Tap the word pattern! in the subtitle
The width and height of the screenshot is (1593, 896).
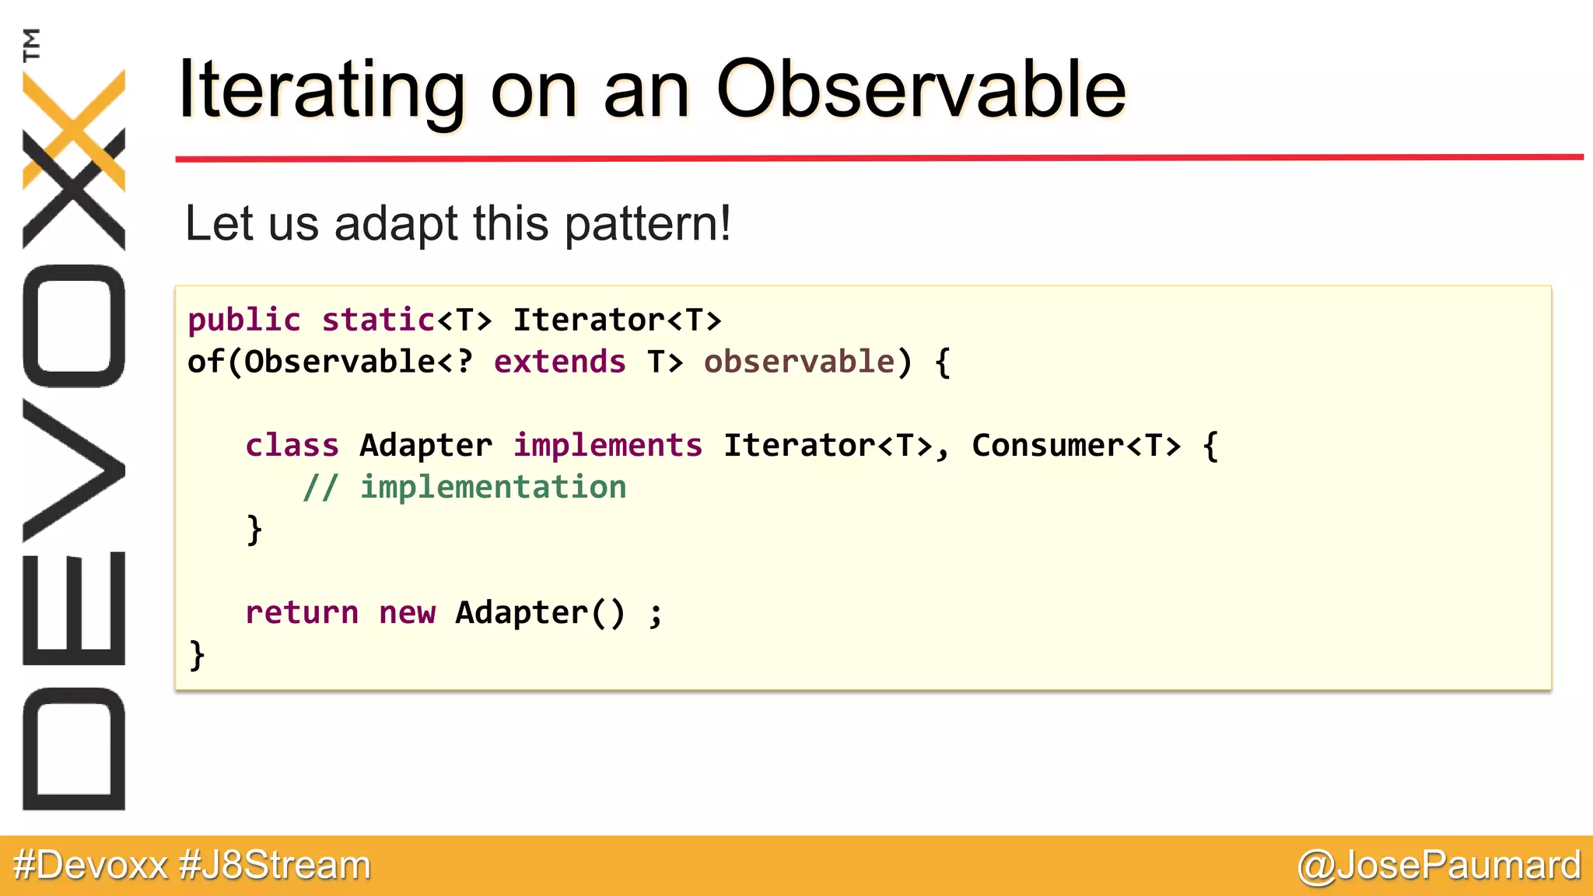[647, 224]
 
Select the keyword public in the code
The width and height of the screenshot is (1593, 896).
[243, 320]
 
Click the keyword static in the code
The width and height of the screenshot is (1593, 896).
[378, 320]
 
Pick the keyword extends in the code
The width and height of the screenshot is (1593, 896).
[559, 362]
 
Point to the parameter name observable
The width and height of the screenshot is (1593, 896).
[799, 362]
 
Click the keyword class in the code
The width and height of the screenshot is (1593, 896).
[292, 445]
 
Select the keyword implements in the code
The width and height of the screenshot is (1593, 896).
[607, 445]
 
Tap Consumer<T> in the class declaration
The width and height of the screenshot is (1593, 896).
[1076, 445]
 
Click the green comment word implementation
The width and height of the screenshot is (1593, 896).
[492, 487]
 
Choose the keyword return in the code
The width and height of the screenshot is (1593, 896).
[302, 612]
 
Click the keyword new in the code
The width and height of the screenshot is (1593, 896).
[407, 612]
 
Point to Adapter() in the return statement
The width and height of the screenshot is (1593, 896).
[540, 612]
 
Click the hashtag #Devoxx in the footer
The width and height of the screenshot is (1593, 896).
[90, 865]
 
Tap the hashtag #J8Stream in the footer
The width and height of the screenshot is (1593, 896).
[275, 865]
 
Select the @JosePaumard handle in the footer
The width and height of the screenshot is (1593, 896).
[1438, 865]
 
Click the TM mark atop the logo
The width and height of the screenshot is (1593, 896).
[31, 44]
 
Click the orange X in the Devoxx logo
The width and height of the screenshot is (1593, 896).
[74, 128]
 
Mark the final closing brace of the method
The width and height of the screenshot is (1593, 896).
[197, 655]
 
